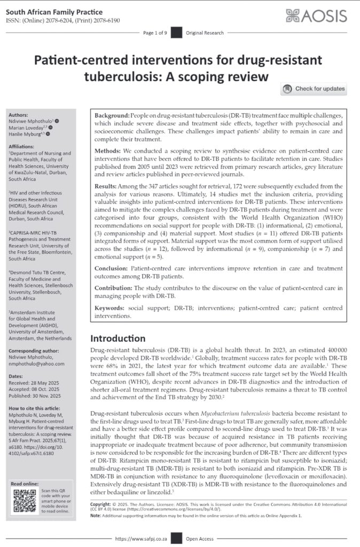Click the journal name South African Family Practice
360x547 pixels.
(46, 9)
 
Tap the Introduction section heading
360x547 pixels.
(118, 338)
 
